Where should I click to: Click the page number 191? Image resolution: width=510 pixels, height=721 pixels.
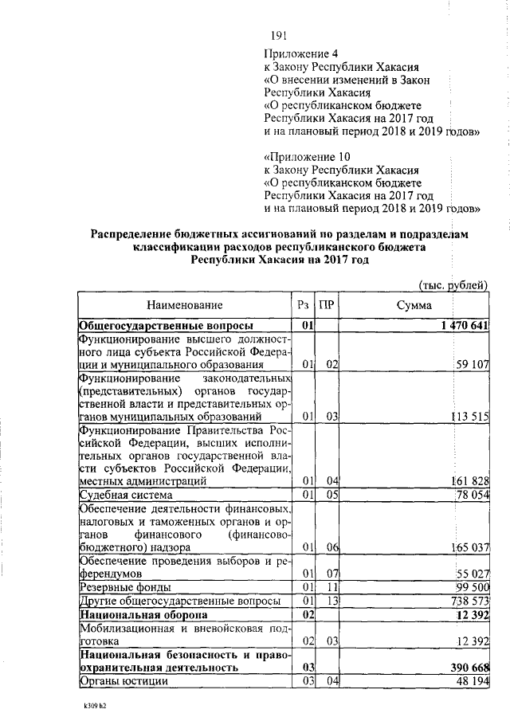[278, 34]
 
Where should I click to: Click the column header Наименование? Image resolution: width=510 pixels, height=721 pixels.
[184, 305]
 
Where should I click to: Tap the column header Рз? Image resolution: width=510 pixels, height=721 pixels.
[302, 305]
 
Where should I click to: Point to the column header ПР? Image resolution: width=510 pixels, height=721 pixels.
[326, 305]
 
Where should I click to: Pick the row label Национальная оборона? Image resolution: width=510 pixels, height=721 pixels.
[143, 614]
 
